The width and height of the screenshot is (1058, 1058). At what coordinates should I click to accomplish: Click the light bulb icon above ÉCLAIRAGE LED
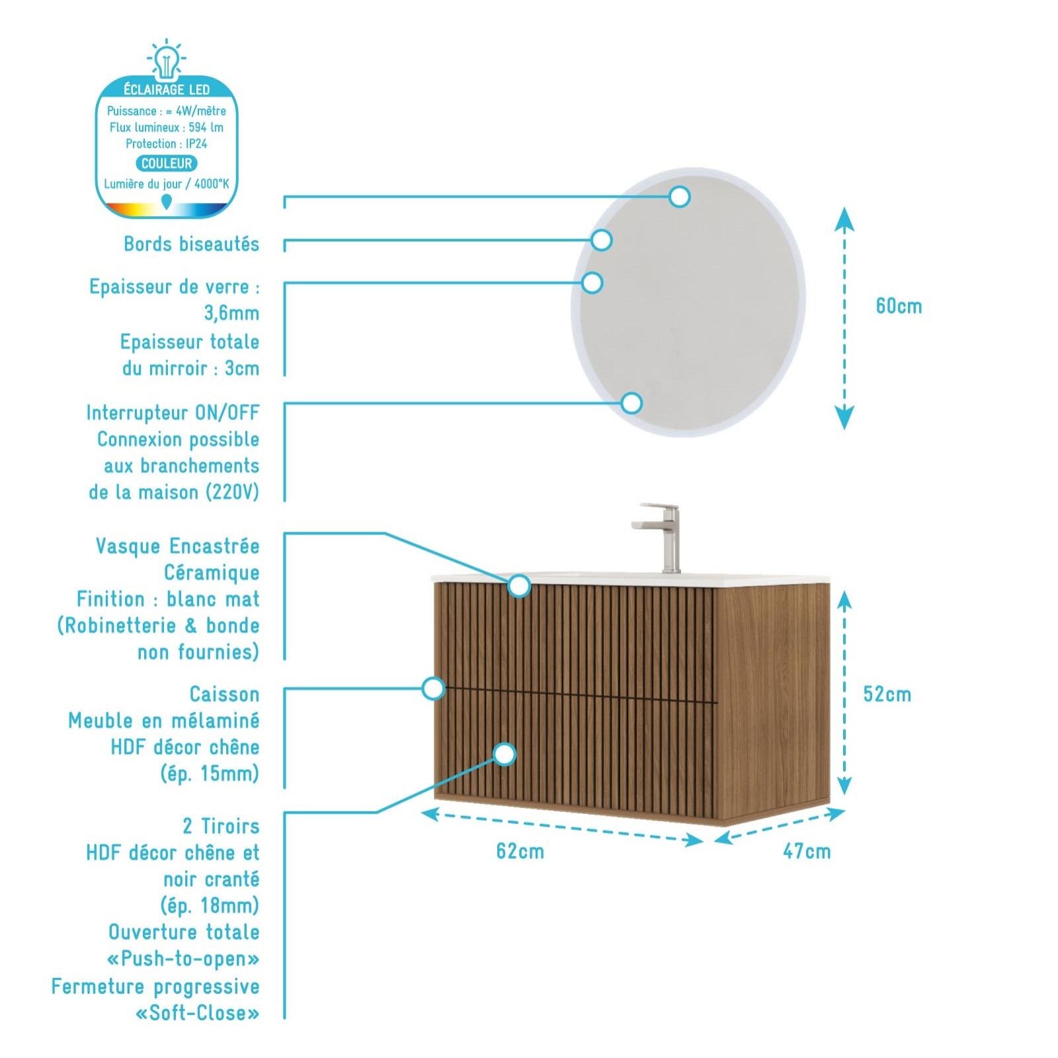pyautogui.click(x=167, y=58)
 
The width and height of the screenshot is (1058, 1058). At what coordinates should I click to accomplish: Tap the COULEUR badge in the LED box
pyautogui.click(x=167, y=163)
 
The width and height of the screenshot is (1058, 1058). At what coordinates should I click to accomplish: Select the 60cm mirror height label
pyautogui.click(x=899, y=306)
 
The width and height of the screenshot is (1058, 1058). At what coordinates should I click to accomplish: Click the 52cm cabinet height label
pyautogui.click(x=887, y=694)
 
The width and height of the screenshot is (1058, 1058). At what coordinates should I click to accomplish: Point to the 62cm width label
pyautogui.click(x=520, y=851)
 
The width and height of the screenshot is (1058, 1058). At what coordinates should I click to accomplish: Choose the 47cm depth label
pyautogui.click(x=807, y=851)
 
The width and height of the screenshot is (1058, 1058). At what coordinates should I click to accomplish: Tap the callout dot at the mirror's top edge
pyautogui.click(x=679, y=196)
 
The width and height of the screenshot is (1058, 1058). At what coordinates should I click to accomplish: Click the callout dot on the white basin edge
pyautogui.click(x=519, y=585)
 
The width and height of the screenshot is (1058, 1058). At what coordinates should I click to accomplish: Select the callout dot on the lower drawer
pyautogui.click(x=505, y=754)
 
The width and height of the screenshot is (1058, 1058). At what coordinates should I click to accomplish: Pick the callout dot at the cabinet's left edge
pyautogui.click(x=433, y=688)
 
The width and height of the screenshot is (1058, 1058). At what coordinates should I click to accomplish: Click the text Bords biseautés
pyautogui.click(x=192, y=244)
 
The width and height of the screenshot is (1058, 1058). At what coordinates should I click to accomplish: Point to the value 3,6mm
pyautogui.click(x=231, y=313)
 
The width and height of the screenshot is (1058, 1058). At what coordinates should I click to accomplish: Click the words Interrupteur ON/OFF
pyautogui.click(x=173, y=413)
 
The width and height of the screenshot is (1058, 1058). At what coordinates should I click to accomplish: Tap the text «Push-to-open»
pyautogui.click(x=183, y=959)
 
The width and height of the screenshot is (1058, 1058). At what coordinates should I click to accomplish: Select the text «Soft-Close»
pyautogui.click(x=197, y=1012)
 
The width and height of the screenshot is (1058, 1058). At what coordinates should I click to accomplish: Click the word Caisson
pyautogui.click(x=225, y=694)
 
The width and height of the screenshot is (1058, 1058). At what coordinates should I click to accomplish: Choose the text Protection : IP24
pyautogui.click(x=167, y=143)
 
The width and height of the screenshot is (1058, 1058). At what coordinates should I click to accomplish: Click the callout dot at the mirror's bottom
pyautogui.click(x=631, y=403)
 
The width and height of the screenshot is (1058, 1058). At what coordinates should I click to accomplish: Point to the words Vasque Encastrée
pyautogui.click(x=177, y=546)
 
